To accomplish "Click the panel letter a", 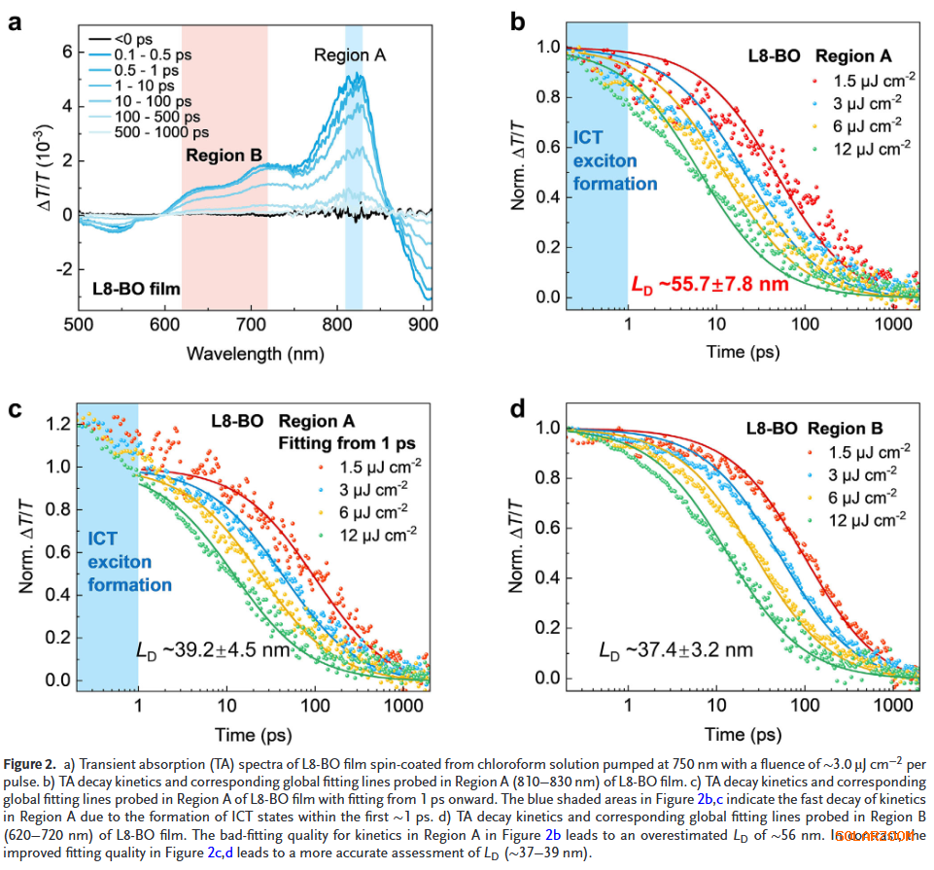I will pos(16,22).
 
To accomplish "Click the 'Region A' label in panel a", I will pos(349,55).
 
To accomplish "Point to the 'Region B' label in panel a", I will pos(223,156).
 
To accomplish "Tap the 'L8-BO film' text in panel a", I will pos(136,288).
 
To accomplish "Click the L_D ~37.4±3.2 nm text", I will pos(675,648).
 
